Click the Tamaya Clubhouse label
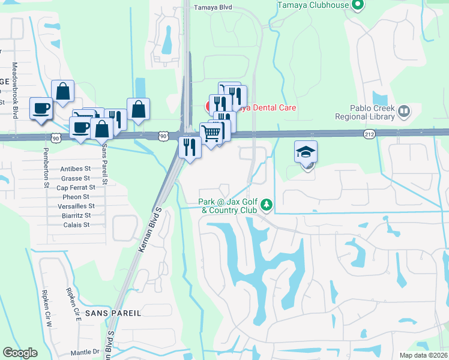313,5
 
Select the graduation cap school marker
306,152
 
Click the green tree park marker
265,206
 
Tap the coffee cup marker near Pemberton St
41,109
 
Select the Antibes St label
75,169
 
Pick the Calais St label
76,225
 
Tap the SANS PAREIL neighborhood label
113,313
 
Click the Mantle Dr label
84,352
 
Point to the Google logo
20,353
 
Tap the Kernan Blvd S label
151,230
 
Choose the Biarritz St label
76,215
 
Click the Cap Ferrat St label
73,188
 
